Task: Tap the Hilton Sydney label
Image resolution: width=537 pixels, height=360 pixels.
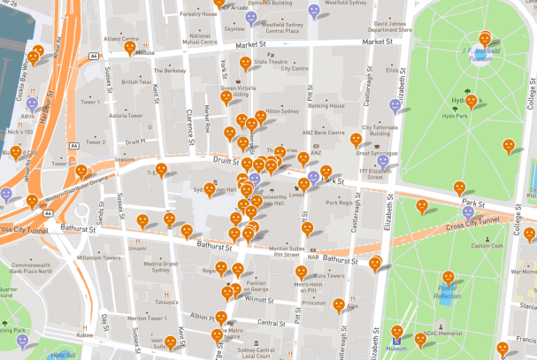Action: tap(283, 111)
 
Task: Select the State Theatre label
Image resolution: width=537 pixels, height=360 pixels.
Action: tap(272, 62)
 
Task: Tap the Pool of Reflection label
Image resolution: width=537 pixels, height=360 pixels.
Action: tap(448, 292)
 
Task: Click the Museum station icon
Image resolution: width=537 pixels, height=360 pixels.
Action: tap(397, 337)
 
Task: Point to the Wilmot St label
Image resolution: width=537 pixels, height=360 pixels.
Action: tap(259, 300)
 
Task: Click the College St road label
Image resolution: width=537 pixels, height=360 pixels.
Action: tap(529, 88)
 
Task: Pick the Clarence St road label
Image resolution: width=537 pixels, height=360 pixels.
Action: tap(190, 123)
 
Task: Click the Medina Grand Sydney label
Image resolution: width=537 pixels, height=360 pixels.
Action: tap(161, 266)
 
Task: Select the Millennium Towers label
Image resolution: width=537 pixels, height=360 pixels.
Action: tap(97, 257)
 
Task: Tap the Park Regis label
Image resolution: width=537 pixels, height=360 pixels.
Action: tap(339, 203)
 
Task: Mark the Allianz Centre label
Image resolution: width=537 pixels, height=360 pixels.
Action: tap(121, 39)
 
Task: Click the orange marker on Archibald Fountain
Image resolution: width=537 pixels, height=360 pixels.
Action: tap(485, 39)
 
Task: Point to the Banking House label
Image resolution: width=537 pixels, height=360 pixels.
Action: tap(326, 105)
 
